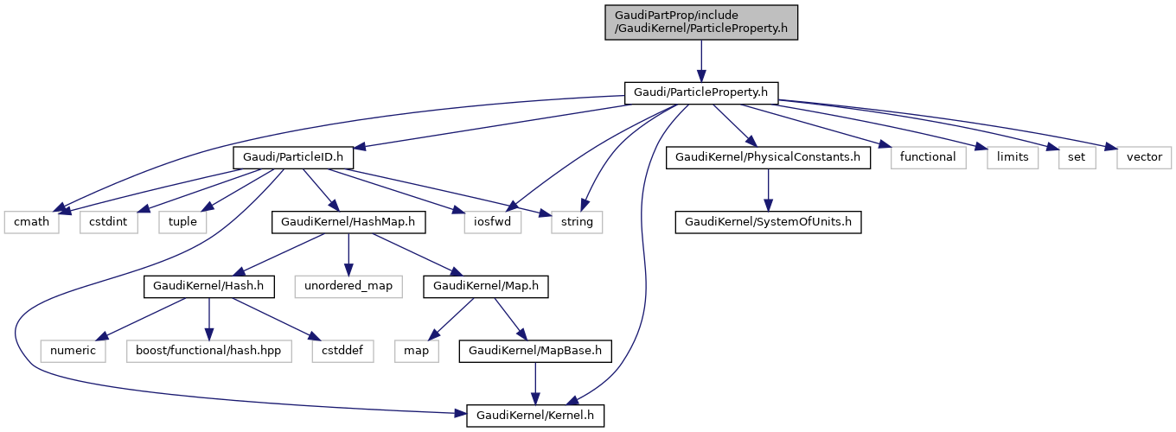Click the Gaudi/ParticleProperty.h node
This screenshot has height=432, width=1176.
coord(701,92)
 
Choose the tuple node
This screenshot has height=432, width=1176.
coord(182,222)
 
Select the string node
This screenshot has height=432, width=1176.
coord(577,222)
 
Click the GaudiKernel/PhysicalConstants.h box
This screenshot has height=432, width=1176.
coord(767,157)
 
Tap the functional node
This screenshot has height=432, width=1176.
coord(928,157)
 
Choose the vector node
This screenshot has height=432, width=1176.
coord(1143,157)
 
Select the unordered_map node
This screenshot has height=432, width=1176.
coord(348,287)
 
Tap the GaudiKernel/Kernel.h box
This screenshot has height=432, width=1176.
coord(534,416)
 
